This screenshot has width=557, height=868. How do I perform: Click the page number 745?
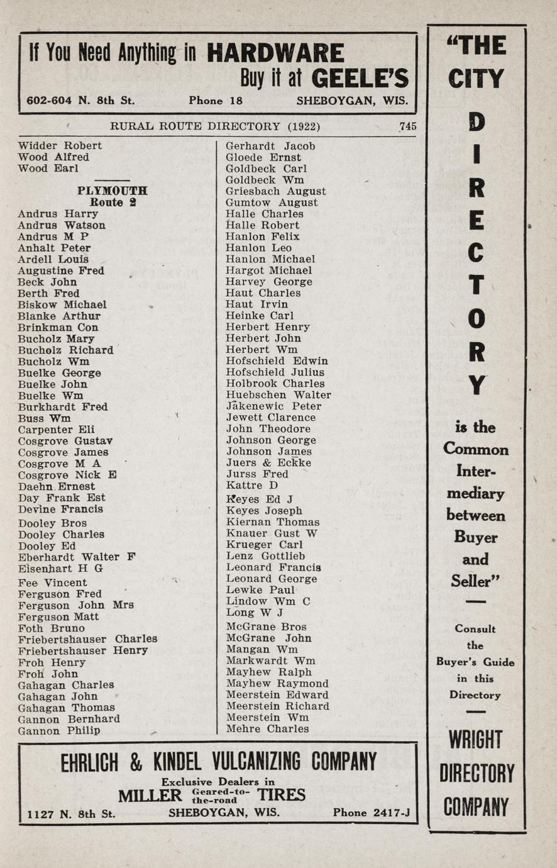click(x=407, y=126)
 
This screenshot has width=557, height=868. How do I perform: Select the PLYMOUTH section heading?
click(x=113, y=191)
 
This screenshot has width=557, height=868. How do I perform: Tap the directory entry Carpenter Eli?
click(x=57, y=430)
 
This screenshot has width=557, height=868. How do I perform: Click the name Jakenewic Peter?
click(x=273, y=406)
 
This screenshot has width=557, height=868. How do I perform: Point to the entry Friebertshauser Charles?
click(x=87, y=639)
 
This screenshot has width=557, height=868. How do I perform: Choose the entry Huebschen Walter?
click(x=278, y=395)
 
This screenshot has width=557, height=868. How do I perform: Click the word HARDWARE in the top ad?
click(x=275, y=53)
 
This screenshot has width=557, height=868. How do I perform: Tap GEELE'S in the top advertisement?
click(x=360, y=78)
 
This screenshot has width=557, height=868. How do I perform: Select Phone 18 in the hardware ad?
click(x=215, y=101)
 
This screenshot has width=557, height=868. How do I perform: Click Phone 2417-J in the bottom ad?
click(x=371, y=813)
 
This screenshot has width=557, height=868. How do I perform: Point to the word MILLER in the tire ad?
click(x=150, y=796)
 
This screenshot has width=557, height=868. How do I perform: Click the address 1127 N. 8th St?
click(x=71, y=813)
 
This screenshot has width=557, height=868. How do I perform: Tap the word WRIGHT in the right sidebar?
click(x=476, y=740)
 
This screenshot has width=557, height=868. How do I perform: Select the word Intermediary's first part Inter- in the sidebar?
click(x=475, y=471)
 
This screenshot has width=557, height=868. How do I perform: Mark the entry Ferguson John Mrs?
click(x=75, y=605)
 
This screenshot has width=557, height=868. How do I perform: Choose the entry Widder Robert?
click(x=60, y=145)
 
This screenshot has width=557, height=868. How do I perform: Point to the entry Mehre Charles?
click(x=267, y=729)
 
